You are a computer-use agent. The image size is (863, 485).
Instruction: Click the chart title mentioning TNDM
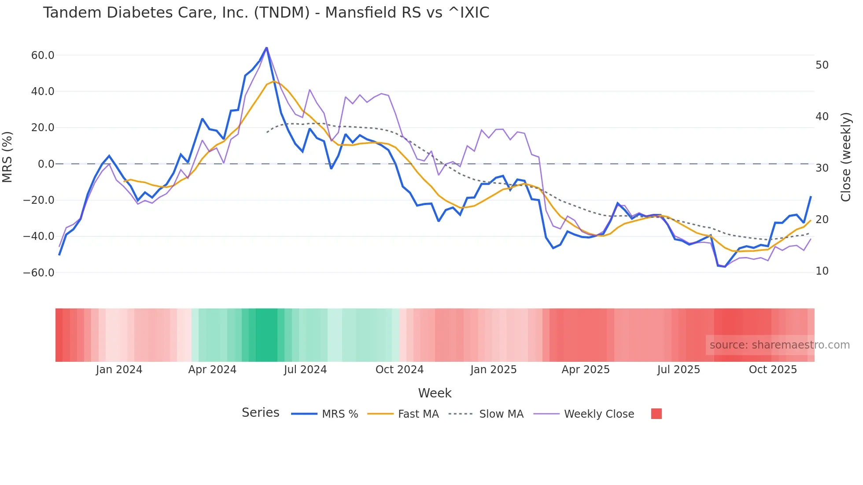tap(266, 13)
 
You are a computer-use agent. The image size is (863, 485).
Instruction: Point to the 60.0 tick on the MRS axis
tap(43, 55)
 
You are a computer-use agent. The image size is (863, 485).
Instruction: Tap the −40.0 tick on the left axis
tap(39, 236)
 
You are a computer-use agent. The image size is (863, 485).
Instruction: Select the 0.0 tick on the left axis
tap(46, 164)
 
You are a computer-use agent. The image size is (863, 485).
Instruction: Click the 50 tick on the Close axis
tap(822, 65)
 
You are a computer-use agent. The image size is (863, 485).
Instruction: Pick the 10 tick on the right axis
tap(822, 271)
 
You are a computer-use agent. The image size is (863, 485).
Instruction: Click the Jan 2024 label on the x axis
tap(119, 370)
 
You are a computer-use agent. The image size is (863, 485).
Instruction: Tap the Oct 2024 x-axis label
tap(399, 370)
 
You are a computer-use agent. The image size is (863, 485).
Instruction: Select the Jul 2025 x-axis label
tap(679, 370)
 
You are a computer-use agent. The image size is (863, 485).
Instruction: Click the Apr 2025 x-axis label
tap(586, 370)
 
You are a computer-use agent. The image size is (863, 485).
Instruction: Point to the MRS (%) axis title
tap(7, 157)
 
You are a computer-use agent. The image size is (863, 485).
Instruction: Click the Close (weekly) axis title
tap(845, 157)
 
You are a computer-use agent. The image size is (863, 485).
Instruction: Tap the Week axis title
tap(435, 393)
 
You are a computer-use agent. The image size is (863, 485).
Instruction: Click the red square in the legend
tap(656, 414)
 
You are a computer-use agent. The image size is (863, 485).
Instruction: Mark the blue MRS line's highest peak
tap(266, 48)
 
